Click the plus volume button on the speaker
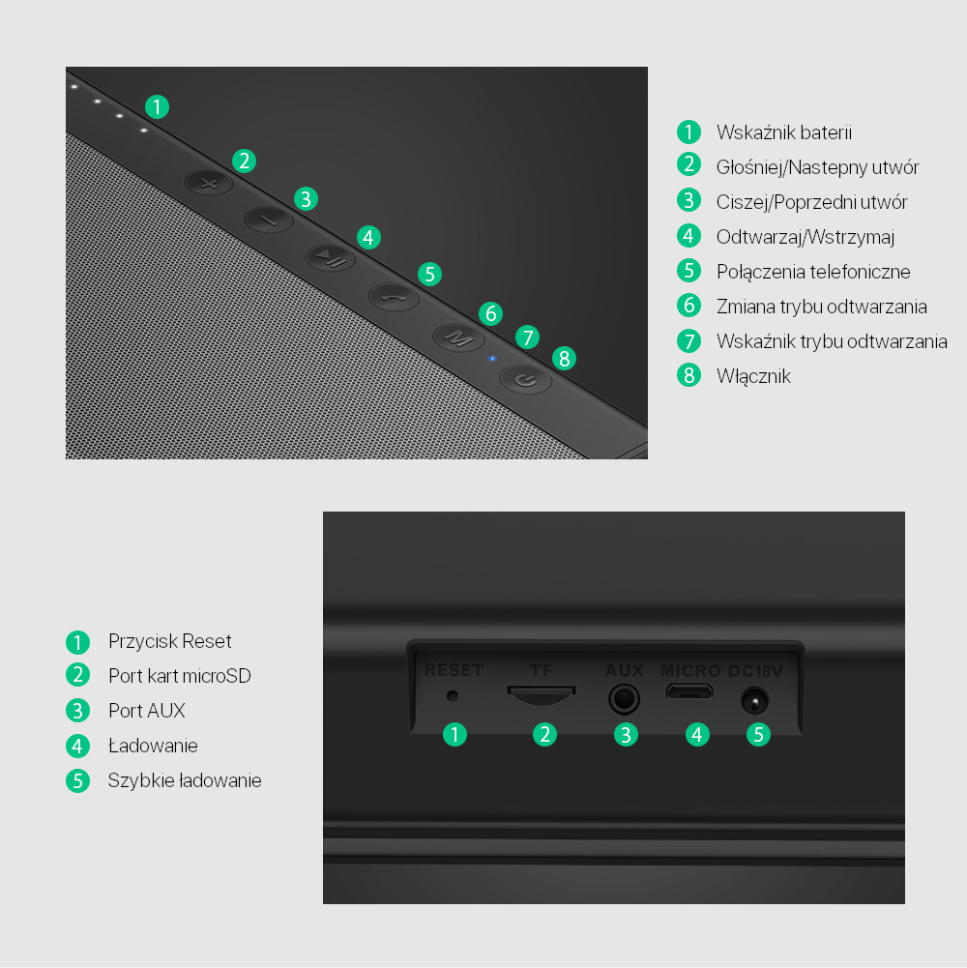click(209, 184)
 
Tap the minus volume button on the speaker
click(269, 220)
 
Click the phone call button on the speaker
click(394, 298)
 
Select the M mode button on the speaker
click(458, 337)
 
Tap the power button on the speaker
click(525, 380)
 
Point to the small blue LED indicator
click(492, 358)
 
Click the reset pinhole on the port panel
click(453, 695)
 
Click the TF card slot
click(542, 694)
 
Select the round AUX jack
click(624, 699)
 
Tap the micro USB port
click(689, 691)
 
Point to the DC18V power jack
click(754, 701)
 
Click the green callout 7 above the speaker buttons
click(527, 337)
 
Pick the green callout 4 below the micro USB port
click(697, 735)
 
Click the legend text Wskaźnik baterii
click(784, 132)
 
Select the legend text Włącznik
click(753, 376)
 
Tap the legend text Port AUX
click(147, 711)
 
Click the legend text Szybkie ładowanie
click(185, 780)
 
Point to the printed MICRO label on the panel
click(690, 670)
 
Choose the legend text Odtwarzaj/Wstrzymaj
click(806, 237)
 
